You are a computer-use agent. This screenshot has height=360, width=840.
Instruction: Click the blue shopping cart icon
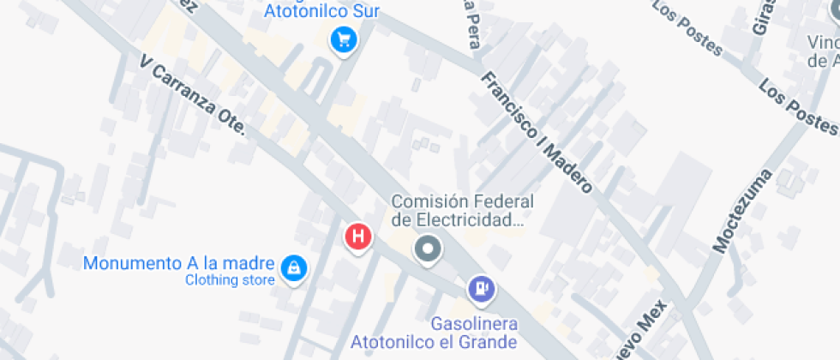point(344,39)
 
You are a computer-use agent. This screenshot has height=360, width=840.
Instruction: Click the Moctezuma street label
point(742,211)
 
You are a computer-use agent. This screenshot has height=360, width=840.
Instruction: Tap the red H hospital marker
point(358,236)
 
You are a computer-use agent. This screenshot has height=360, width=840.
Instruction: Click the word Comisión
point(431,201)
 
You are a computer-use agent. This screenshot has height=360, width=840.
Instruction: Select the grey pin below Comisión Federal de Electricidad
point(427,250)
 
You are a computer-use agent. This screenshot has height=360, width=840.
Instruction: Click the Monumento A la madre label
point(179,263)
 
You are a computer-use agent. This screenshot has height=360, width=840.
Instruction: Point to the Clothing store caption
point(230,280)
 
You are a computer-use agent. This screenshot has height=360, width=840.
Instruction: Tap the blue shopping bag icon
point(294,267)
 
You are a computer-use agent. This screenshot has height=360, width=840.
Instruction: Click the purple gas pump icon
point(481,288)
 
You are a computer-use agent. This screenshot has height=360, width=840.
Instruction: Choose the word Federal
point(506,201)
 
